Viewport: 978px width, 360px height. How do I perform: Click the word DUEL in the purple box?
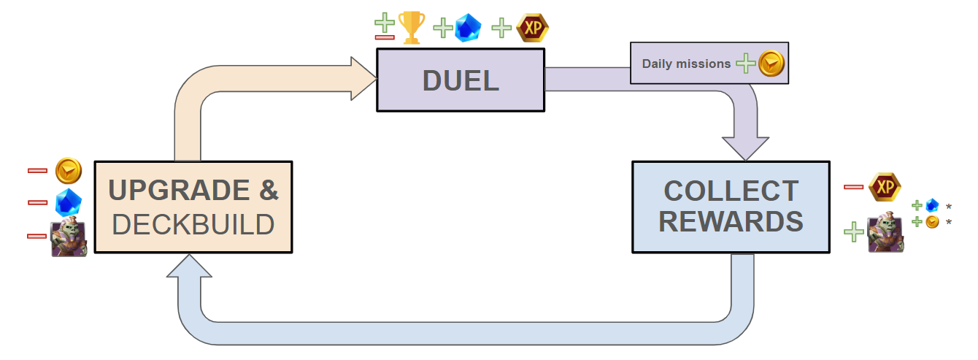461,80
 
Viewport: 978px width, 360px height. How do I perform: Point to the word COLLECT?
731,191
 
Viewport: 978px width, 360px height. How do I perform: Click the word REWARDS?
731,222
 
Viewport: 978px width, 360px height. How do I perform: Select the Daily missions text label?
686,64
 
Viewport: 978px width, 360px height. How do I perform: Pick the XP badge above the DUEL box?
532,28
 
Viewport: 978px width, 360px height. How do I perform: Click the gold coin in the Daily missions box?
771,64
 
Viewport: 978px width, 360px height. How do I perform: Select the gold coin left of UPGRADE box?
69,171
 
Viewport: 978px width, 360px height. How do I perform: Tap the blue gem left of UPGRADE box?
69,202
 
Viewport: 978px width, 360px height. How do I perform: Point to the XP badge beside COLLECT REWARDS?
885,188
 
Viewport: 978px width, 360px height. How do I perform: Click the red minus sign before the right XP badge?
853,188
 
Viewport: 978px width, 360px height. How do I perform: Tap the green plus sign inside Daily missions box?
745,64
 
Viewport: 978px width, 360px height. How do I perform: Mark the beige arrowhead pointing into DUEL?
361,79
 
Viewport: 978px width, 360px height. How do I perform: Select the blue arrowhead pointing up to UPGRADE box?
189,267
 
